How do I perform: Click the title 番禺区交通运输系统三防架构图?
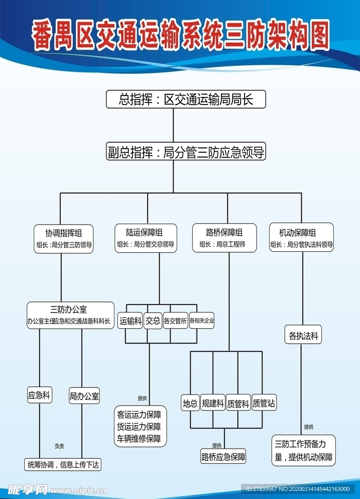(180, 36)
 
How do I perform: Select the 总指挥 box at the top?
(185, 99)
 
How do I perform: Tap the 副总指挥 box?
(185, 152)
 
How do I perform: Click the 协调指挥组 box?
(64, 238)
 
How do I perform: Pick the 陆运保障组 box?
(145, 238)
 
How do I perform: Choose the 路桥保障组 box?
(224, 238)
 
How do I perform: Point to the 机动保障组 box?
(301, 238)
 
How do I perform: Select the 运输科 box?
(131, 321)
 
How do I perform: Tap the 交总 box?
(153, 321)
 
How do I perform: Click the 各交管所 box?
(175, 321)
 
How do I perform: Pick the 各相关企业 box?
(202, 321)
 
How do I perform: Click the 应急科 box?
(39, 395)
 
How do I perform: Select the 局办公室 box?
(84, 396)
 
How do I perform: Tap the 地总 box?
(190, 403)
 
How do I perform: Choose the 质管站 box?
(264, 403)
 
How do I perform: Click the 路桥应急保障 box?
(223, 456)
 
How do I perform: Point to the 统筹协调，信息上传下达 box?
(63, 465)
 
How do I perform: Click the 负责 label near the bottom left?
(59, 446)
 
